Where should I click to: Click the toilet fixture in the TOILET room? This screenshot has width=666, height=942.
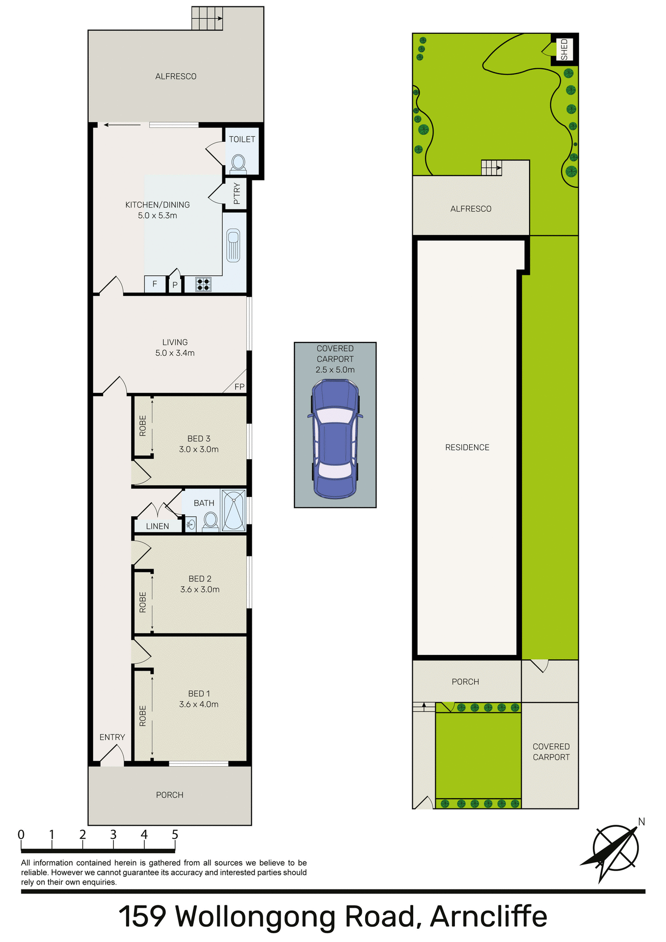(x=239, y=163)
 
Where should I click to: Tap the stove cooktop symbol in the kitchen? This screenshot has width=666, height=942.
(x=203, y=284)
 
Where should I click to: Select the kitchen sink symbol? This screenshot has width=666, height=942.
(x=234, y=245)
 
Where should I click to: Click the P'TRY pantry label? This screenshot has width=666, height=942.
(x=237, y=194)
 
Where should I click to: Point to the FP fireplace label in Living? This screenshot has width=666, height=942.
(x=239, y=387)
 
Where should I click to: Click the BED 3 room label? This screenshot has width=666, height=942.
(x=199, y=439)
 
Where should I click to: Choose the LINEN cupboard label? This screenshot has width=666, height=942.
(x=158, y=526)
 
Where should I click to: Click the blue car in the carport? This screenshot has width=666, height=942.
(x=335, y=439)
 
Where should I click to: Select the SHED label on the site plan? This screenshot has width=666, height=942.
(x=564, y=50)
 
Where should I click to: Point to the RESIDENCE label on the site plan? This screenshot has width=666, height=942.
(x=467, y=447)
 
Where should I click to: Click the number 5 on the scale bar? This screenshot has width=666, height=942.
(x=175, y=835)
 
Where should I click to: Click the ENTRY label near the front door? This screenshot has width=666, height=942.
(x=112, y=737)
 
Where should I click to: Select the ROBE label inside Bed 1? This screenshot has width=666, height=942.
(x=143, y=716)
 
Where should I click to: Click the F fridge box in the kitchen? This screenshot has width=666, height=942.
(x=155, y=284)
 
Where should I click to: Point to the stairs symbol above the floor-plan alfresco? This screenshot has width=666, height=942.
(x=207, y=18)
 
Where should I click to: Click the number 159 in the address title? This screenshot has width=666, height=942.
(x=143, y=916)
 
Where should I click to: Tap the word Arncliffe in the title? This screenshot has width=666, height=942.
(x=488, y=916)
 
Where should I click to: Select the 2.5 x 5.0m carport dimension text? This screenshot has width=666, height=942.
(x=335, y=369)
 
